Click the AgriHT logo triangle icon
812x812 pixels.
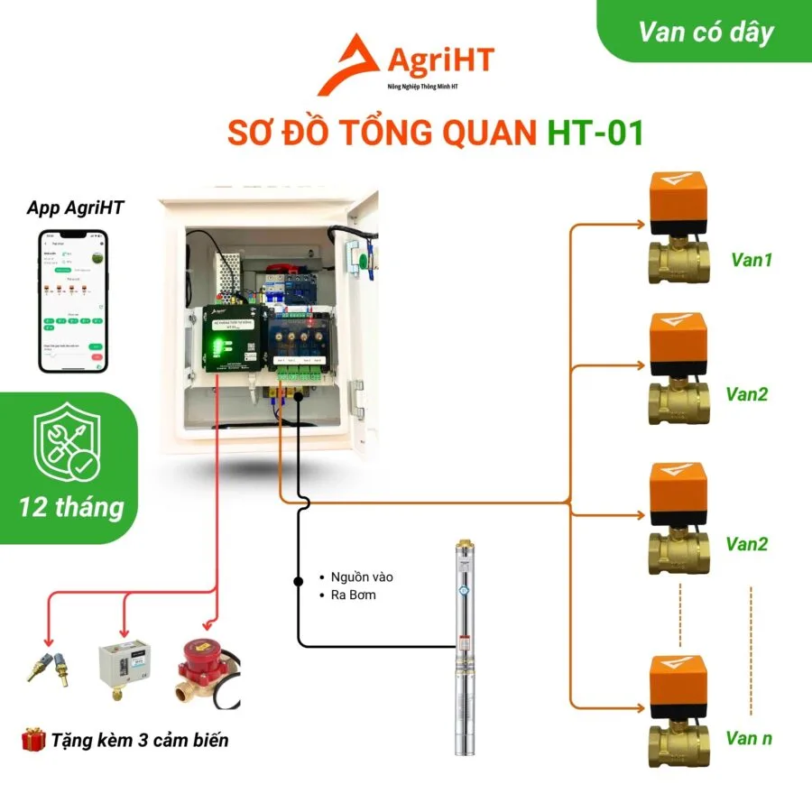pos(350,65)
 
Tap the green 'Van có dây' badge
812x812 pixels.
pos(706,32)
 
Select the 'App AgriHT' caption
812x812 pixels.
pos(76,208)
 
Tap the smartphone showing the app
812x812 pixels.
pos(75,300)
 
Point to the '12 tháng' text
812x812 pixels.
pos(72,507)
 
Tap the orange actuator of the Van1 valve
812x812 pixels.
pos(675,196)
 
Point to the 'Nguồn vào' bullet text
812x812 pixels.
pos(362,577)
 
